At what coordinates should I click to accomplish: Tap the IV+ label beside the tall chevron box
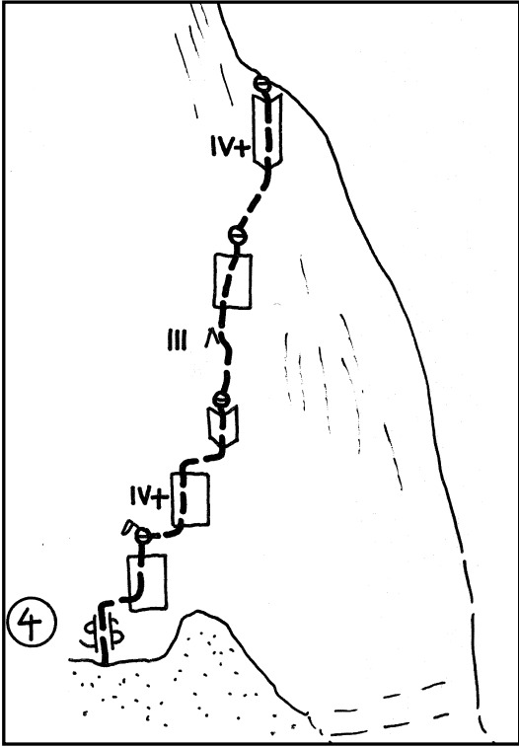click(x=230, y=148)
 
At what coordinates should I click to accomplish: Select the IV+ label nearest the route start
click(x=150, y=498)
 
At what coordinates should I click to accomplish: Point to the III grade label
click(x=178, y=340)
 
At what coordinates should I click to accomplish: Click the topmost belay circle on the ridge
click(x=261, y=84)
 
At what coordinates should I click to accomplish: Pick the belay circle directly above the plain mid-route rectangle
click(x=237, y=235)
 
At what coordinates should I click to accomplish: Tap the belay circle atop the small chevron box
click(x=221, y=399)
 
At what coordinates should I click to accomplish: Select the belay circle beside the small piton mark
click(x=142, y=536)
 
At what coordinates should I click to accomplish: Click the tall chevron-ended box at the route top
click(x=267, y=129)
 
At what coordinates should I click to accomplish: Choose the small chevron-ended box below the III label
click(x=222, y=426)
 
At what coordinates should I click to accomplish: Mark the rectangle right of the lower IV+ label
click(x=190, y=499)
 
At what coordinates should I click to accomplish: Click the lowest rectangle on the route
click(x=148, y=582)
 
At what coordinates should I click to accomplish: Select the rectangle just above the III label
click(x=232, y=281)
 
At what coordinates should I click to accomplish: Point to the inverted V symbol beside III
click(x=210, y=338)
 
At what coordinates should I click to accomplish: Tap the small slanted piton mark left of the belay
click(x=128, y=526)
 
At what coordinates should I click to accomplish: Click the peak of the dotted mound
click(x=196, y=610)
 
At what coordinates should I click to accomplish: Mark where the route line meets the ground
click(x=105, y=663)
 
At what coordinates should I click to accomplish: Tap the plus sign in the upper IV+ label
click(x=242, y=149)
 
